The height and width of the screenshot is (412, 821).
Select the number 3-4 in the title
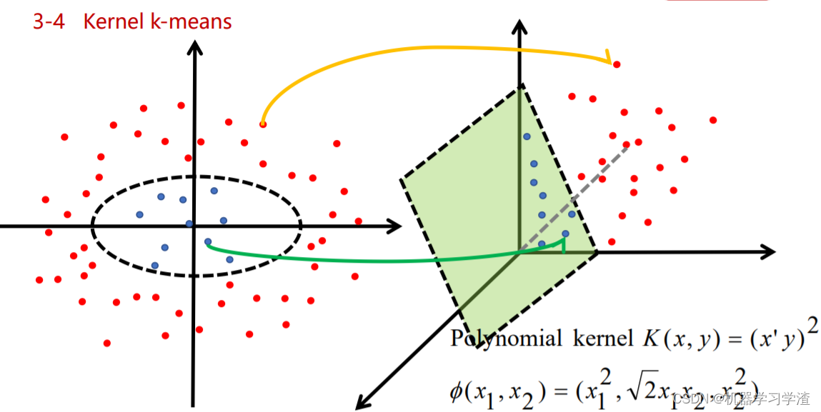click(49, 21)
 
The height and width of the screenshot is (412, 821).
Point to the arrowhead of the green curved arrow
click(564, 244)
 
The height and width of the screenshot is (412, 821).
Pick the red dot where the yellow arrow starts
click(263, 125)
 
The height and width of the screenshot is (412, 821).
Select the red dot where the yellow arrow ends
click(617, 64)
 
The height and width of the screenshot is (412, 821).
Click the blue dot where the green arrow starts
click(208, 241)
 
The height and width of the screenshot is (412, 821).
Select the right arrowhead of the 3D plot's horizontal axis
click(767, 252)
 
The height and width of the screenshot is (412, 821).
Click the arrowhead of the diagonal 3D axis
click(362, 401)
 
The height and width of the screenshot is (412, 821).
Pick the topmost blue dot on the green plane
click(527, 136)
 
